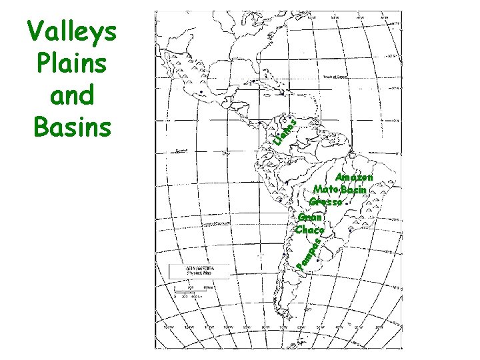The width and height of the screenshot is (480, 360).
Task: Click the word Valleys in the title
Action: click(71, 32)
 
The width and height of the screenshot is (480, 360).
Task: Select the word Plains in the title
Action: click(71, 64)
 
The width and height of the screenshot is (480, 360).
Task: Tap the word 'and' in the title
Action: click(71, 95)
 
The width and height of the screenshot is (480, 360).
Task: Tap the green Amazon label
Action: click(353, 178)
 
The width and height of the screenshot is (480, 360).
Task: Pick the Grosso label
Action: click(326, 201)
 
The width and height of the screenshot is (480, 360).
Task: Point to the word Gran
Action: click(310, 217)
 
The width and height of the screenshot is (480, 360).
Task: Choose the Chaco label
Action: click(309, 230)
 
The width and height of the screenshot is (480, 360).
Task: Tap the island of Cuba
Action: click(259, 84)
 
